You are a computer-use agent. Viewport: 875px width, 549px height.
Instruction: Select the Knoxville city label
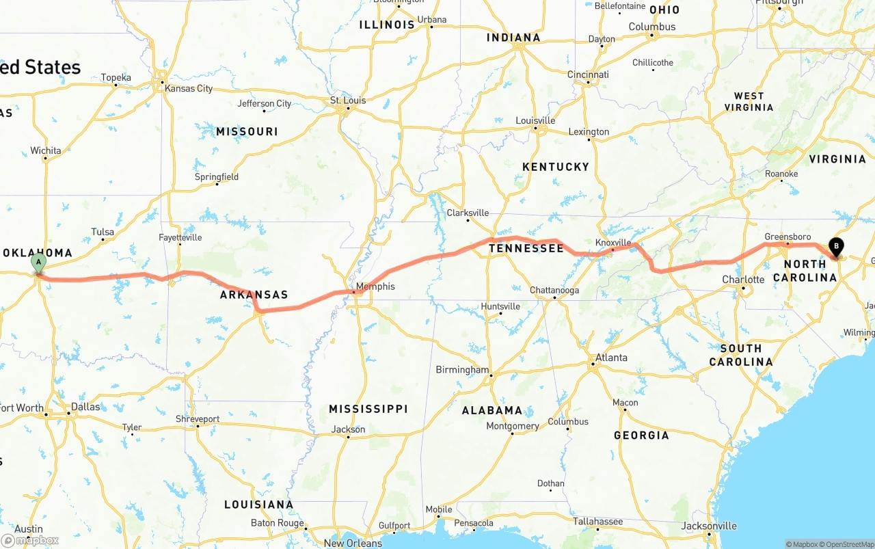point(613,243)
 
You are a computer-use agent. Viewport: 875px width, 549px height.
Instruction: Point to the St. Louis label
point(348,101)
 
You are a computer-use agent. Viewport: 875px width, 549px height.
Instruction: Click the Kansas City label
point(189,88)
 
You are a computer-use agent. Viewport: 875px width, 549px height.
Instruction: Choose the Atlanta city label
point(610,358)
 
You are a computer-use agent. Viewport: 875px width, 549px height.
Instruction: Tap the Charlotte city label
point(743,280)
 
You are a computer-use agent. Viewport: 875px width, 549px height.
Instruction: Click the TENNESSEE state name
point(526,248)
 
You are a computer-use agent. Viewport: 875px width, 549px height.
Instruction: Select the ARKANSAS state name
point(254,295)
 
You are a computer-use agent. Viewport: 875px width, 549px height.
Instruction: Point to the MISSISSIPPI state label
point(368,409)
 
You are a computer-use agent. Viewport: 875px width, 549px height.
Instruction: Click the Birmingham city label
point(462,370)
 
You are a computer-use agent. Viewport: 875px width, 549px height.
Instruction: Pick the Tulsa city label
point(103,232)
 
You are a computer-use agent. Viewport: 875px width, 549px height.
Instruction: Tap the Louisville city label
point(535,121)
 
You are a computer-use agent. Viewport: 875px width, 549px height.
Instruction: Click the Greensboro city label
point(787,237)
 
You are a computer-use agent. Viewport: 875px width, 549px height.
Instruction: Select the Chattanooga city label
point(554,291)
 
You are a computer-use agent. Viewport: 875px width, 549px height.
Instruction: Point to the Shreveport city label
point(198,419)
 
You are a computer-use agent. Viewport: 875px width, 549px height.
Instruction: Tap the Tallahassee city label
point(597,522)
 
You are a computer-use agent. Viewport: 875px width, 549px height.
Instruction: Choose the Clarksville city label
point(468,213)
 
